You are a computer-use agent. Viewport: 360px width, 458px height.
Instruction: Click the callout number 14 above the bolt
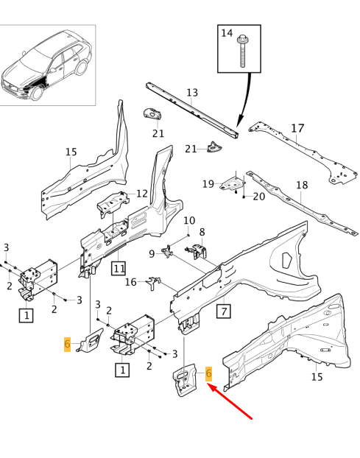[227, 33]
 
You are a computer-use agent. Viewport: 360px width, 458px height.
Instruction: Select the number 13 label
[192, 93]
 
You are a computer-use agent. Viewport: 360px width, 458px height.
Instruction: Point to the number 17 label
[297, 128]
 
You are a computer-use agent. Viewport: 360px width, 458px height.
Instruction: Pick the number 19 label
[208, 184]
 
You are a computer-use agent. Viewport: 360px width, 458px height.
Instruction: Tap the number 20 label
[258, 197]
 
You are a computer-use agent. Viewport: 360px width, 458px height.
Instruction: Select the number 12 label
[142, 194]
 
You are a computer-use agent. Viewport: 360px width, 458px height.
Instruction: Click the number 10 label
[189, 220]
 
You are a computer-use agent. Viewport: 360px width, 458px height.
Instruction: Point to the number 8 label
[202, 232]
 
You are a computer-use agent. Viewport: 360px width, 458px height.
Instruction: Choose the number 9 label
[152, 254]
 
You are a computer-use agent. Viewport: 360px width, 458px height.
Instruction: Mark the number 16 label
[130, 281]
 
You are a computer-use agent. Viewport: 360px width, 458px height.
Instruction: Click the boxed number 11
[119, 267]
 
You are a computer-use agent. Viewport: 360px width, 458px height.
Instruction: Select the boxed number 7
[224, 310]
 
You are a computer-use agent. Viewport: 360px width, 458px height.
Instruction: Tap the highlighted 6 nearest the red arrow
[209, 374]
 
